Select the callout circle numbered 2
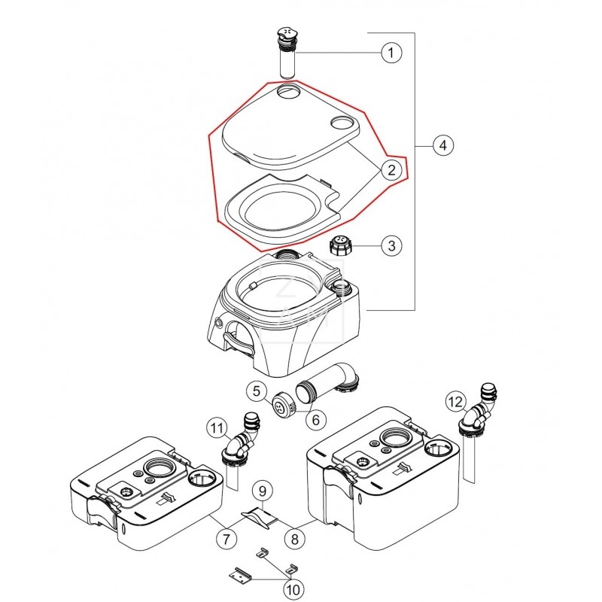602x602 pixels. (390, 170)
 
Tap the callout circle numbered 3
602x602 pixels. (390, 245)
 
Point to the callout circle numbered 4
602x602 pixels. (443, 145)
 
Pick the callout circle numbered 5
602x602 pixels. (257, 391)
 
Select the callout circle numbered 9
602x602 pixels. (261, 491)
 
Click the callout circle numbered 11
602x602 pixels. (217, 429)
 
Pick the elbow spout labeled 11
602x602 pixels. (243, 439)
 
